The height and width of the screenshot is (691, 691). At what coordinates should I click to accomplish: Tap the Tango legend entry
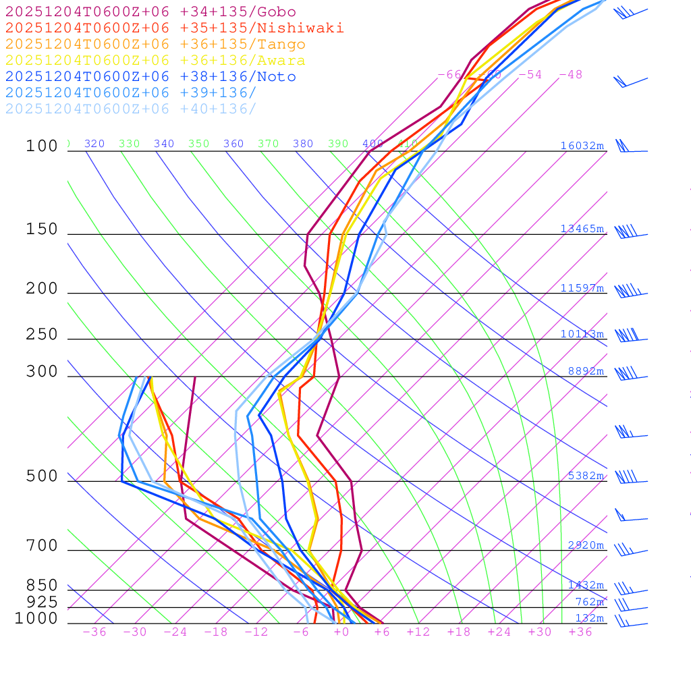point(155,45)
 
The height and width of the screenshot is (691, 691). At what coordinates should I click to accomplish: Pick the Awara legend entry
point(155,61)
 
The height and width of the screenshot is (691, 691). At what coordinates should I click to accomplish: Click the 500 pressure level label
point(42,476)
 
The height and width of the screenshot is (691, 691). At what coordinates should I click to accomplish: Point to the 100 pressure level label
point(42,146)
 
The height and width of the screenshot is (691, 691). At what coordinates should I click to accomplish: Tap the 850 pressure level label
point(42,586)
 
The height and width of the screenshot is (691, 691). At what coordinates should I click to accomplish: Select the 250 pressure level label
point(42,335)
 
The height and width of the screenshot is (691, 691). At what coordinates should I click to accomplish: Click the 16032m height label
point(582,146)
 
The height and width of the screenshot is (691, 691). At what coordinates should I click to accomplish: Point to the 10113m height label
point(582,334)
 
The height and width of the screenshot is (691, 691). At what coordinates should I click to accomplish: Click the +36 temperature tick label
point(580,632)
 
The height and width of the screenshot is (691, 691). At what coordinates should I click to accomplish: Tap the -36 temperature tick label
point(94,632)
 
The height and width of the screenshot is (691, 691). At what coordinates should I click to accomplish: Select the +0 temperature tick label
point(341,632)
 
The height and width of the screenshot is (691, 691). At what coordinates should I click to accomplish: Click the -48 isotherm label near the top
point(570,75)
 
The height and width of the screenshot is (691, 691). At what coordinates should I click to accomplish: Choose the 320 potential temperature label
point(94,144)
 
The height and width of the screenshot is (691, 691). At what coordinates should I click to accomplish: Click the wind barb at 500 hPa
point(628,477)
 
